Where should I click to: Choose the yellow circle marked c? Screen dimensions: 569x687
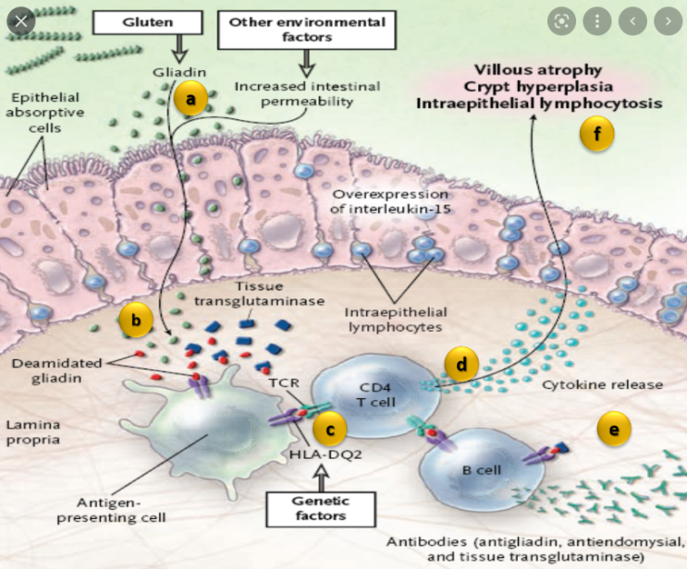[330, 428]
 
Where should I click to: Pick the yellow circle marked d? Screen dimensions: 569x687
[461, 364]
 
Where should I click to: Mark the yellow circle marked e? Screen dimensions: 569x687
[614, 428]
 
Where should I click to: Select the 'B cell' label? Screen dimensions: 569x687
[481, 470]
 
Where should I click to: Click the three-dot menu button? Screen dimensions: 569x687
[596, 19]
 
